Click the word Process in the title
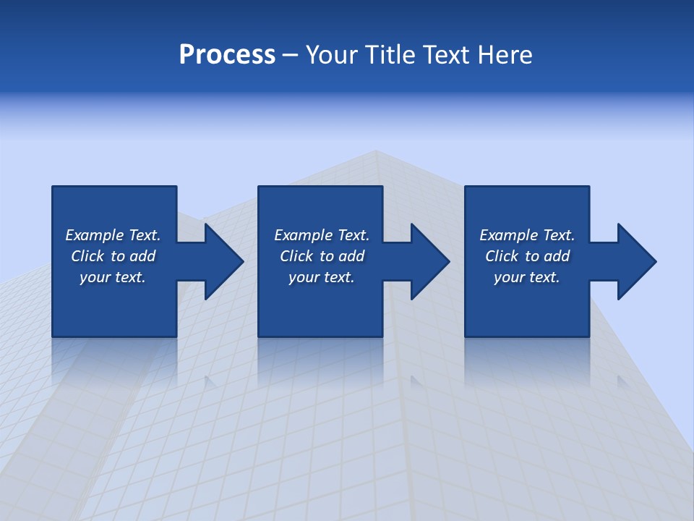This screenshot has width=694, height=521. (x=227, y=55)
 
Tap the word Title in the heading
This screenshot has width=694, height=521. (x=390, y=55)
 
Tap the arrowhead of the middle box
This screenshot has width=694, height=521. (x=429, y=261)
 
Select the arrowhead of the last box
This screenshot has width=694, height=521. (x=636, y=261)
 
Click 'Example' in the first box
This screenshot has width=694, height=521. (x=95, y=235)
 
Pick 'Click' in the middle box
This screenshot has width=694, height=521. (x=296, y=256)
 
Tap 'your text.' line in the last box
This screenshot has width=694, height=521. (x=526, y=277)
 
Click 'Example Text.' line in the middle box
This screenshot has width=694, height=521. (x=321, y=235)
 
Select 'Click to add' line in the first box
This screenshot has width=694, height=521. (x=113, y=256)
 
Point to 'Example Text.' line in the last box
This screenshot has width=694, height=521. (x=526, y=235)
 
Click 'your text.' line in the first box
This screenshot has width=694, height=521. (x=113, y=277)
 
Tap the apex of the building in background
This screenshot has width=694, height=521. (x=375, y=151)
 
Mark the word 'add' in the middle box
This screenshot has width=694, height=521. (x=351, y=256)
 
